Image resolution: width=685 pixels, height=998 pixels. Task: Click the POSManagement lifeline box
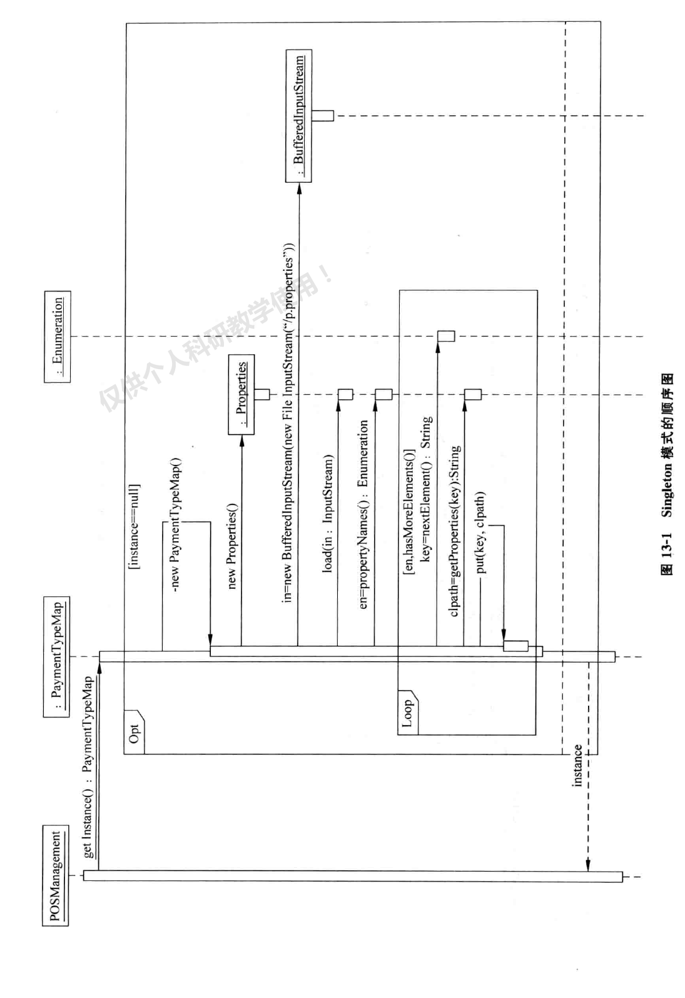(56, 875)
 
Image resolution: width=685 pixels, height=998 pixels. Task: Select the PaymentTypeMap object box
(57, 657)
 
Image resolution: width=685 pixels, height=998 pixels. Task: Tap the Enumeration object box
(58, 337)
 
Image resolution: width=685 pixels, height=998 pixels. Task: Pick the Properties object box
(241, 394)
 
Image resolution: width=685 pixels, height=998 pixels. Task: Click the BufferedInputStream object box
(298, 116)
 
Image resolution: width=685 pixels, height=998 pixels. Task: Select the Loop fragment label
(407, 713)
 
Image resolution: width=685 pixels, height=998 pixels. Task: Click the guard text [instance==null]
(134, 526)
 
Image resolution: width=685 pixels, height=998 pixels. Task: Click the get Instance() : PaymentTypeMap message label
(88, 766)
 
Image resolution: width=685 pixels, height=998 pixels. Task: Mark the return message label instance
(577, 765)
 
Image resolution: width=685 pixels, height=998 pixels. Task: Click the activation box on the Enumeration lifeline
(445, 336)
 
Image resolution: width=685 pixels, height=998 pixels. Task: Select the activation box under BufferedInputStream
(323, 116)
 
